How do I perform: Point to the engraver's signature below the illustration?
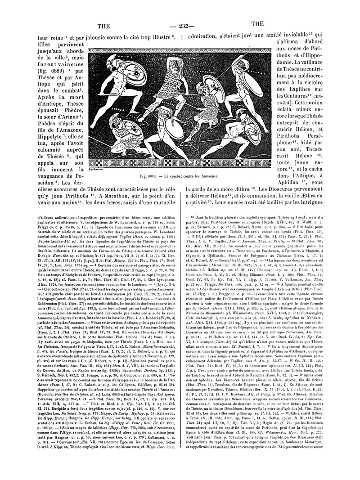(93, 169)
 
